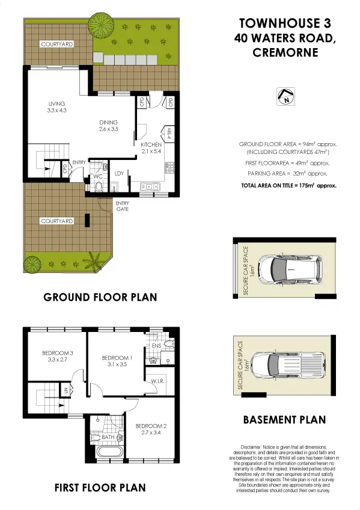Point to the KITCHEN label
click(151, 146)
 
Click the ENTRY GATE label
click(122, 206)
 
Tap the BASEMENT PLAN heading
click(284, 420)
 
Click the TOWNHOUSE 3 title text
click(285, 23)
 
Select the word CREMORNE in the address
click(285, 52)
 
